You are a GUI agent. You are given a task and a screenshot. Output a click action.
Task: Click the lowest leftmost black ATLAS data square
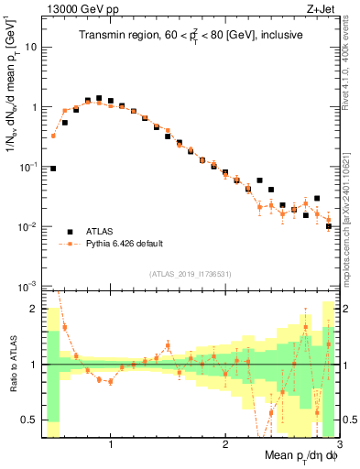53,169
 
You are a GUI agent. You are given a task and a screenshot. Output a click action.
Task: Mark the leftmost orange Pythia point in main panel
53,136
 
